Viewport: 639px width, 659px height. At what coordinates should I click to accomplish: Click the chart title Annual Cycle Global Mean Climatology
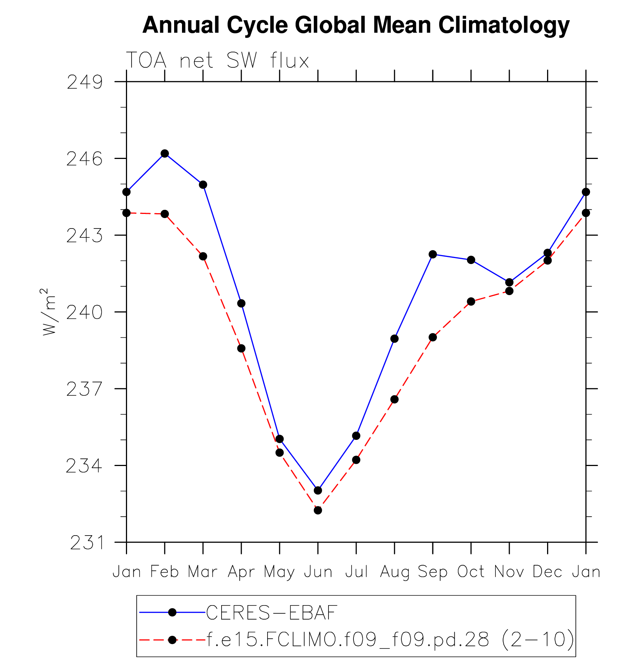point(356,25)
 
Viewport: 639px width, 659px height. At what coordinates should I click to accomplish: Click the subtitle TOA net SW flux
point(217,60)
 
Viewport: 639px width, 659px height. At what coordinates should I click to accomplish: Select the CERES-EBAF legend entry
point(272,612)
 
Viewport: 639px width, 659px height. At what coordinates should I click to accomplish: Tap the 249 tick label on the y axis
point(84,82)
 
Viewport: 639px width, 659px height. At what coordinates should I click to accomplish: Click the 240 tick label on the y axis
point(84,312)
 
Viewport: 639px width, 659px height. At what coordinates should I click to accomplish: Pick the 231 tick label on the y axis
point(87,543)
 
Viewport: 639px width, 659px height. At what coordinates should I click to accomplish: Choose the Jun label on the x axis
point(318,572)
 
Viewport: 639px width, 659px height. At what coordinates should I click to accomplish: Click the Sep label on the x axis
point(433,572)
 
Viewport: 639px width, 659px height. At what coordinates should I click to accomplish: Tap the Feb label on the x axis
point(164,572)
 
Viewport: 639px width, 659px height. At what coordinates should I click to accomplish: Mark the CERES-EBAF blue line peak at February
point(165,153)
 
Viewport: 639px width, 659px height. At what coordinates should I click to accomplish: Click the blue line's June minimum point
point(318,490)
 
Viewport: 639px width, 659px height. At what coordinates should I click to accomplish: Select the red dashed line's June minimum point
point(318,510)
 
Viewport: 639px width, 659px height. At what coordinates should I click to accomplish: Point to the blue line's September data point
point(433,254)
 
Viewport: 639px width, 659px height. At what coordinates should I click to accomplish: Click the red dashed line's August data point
point(395,399)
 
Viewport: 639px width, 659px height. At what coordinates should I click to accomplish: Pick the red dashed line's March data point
point(203,256)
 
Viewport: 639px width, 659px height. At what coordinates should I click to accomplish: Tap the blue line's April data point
point(241,303)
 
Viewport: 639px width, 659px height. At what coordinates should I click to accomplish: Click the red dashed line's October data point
point(471,301)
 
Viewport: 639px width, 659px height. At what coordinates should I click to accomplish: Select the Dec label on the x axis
point(547,572)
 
